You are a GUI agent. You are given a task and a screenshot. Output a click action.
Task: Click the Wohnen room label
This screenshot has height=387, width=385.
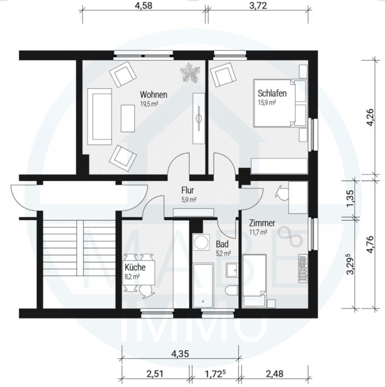pyautogui.click(x=153, y=94)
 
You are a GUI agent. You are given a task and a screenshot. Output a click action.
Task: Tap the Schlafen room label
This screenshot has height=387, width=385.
pyautogui.click(x=272, y=93)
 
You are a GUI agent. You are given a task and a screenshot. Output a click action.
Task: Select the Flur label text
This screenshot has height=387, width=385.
pyautogui.click(x=187, y=190)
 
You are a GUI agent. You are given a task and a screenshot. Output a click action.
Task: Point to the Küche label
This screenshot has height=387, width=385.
pyautogui.click(x=135, y=267)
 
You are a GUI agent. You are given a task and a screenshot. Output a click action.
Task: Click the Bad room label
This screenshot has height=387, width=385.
pyautogui.click(x=222, y=245)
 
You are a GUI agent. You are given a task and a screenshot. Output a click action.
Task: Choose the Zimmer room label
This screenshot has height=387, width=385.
pyautogui.click(x=262, y=223)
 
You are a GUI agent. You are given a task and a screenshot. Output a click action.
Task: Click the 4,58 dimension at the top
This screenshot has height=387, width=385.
pyautogui.click(x=143, y=6)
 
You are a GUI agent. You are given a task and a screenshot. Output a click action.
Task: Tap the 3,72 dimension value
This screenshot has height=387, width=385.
pyautogui.click(x=258, y=6)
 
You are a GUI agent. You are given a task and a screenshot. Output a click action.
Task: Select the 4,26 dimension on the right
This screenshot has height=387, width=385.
pyautogui.click(x=371, y=117)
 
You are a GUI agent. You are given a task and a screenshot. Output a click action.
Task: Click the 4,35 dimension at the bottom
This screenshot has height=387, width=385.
pyautogui.click(x=180, y=353)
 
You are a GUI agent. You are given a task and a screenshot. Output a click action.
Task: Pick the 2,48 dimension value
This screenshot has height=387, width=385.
pyautogui.click(x=275, y=374)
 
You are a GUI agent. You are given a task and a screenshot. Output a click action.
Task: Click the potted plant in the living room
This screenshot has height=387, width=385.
pyautogui.click(x=190, y=72)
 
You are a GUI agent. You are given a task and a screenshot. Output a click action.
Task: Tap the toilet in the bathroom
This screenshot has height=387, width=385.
pyautogui.click(x=232, y=290)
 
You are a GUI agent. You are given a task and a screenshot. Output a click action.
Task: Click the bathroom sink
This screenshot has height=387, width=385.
pyautogui.click(x=232, y=269)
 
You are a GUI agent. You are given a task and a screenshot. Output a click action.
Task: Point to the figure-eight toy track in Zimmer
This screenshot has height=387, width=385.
pyautogui.click(x=290, y=236)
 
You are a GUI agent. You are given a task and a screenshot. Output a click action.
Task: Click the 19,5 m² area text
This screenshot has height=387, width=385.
pyautogui.click(x=149, y=104)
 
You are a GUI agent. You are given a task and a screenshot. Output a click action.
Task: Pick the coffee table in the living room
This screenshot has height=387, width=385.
pyautogui.click(x=128, y=118)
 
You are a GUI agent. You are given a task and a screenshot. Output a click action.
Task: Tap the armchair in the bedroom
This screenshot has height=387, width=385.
pyautogui.click(x=223, y=74)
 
